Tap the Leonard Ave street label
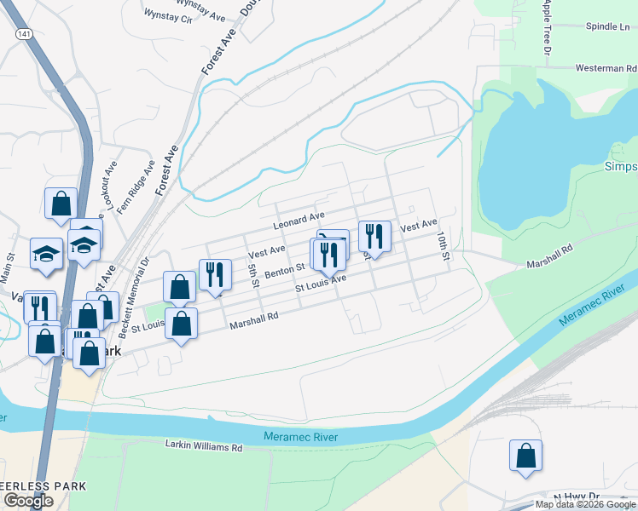299,221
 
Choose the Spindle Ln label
607,26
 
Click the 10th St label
443,244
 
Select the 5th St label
253,275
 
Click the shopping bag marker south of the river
525,456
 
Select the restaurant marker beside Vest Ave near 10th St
374,235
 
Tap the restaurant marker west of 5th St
215,273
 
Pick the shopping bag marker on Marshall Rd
181,324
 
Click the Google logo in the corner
28,501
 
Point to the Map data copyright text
585,504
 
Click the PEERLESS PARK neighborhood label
43,486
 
